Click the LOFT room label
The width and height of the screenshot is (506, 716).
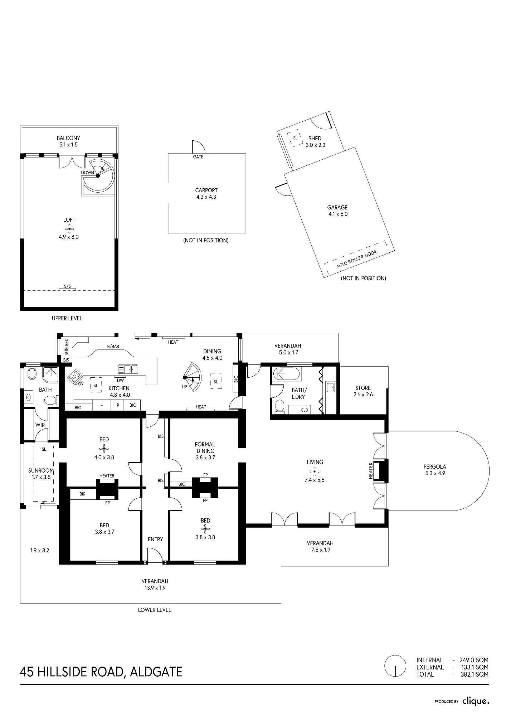point(69,220)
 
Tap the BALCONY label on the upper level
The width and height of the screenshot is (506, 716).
point(68,138)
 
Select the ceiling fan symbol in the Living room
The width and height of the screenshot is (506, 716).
point(314,471)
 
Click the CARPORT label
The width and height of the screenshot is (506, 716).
point(206,190)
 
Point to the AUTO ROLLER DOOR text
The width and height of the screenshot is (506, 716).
point(356,260)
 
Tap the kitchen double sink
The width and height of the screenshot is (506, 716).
point(128,369)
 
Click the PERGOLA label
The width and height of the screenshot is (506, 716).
point(435,467)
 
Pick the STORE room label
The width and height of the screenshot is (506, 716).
point(363,388)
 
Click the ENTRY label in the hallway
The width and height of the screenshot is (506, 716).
point(155,540)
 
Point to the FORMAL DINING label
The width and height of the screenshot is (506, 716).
point(205,448)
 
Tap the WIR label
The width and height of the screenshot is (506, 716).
point(40,425)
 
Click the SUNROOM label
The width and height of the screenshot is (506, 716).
point(41,471)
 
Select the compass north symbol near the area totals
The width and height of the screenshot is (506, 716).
point(395,666)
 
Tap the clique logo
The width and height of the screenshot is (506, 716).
point(476,701)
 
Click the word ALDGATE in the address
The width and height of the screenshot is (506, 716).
point(156,672)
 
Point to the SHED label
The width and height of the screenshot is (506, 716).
point(315,139)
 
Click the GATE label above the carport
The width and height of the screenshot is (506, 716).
point(198,157)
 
